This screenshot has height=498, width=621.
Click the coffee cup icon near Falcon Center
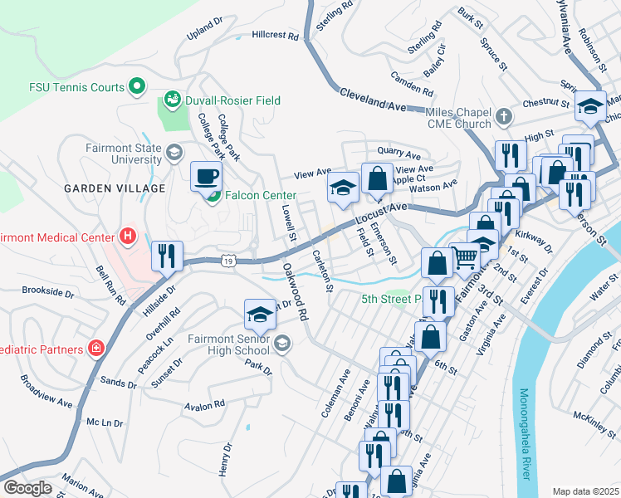click(x=207, y=176)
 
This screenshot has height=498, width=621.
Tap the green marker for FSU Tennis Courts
click(x=137, y=86)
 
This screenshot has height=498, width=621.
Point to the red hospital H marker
click(x=127, y=237)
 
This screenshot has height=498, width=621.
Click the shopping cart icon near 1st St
click(x=465, y=257)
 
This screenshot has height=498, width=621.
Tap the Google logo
click(x=27, y=488)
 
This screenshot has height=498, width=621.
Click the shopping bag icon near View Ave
click(x=377, y=178)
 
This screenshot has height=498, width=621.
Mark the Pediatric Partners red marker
click(x=96, y=348)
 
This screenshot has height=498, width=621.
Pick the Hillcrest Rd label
click(x=275, y=36)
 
